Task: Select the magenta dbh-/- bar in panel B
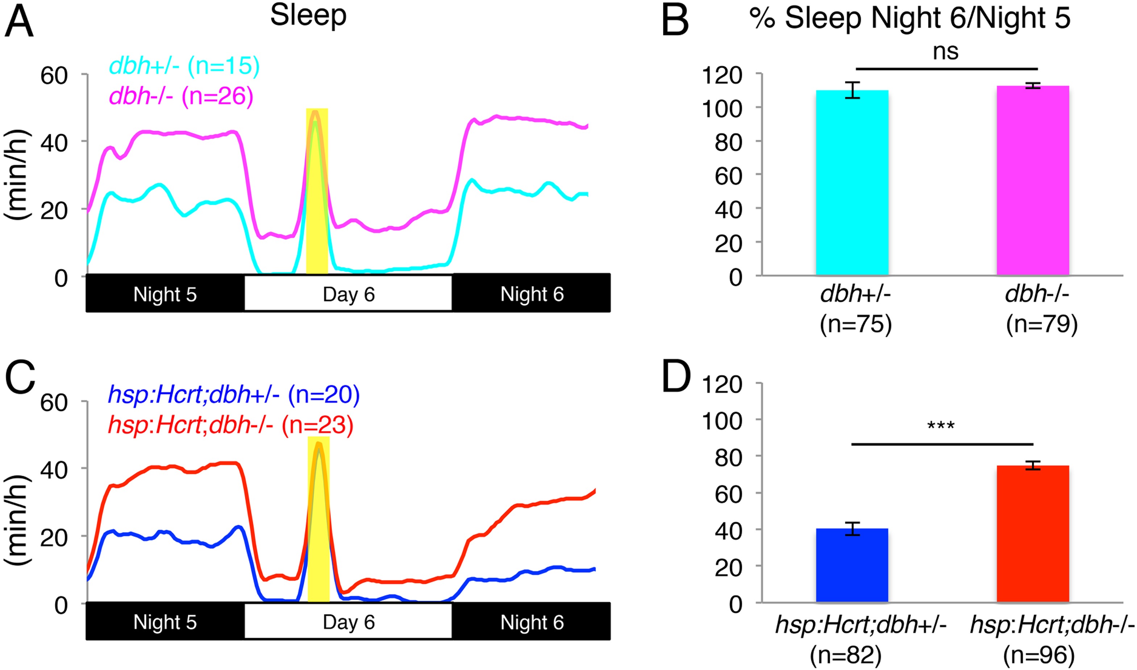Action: point(1033,181)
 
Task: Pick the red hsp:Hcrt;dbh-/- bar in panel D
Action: point(1033,534)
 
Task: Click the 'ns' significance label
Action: point(946,52)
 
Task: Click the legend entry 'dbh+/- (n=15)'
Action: point(184,66)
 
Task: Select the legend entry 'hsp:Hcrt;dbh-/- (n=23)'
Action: point(230,425)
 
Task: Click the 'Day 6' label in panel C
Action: point(349,622)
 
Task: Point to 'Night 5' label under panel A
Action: point(165,294)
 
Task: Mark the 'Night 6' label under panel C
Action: point(532,622)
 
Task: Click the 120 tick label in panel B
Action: point(721,75)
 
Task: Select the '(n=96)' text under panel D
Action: point(1038,656)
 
